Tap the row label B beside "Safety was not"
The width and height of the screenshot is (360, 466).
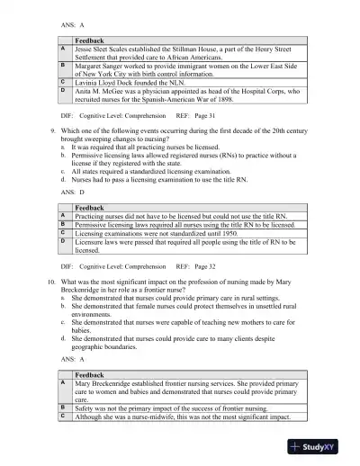coord(63,408)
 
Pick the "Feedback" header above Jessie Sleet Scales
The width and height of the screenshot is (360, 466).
coord(90,41)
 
